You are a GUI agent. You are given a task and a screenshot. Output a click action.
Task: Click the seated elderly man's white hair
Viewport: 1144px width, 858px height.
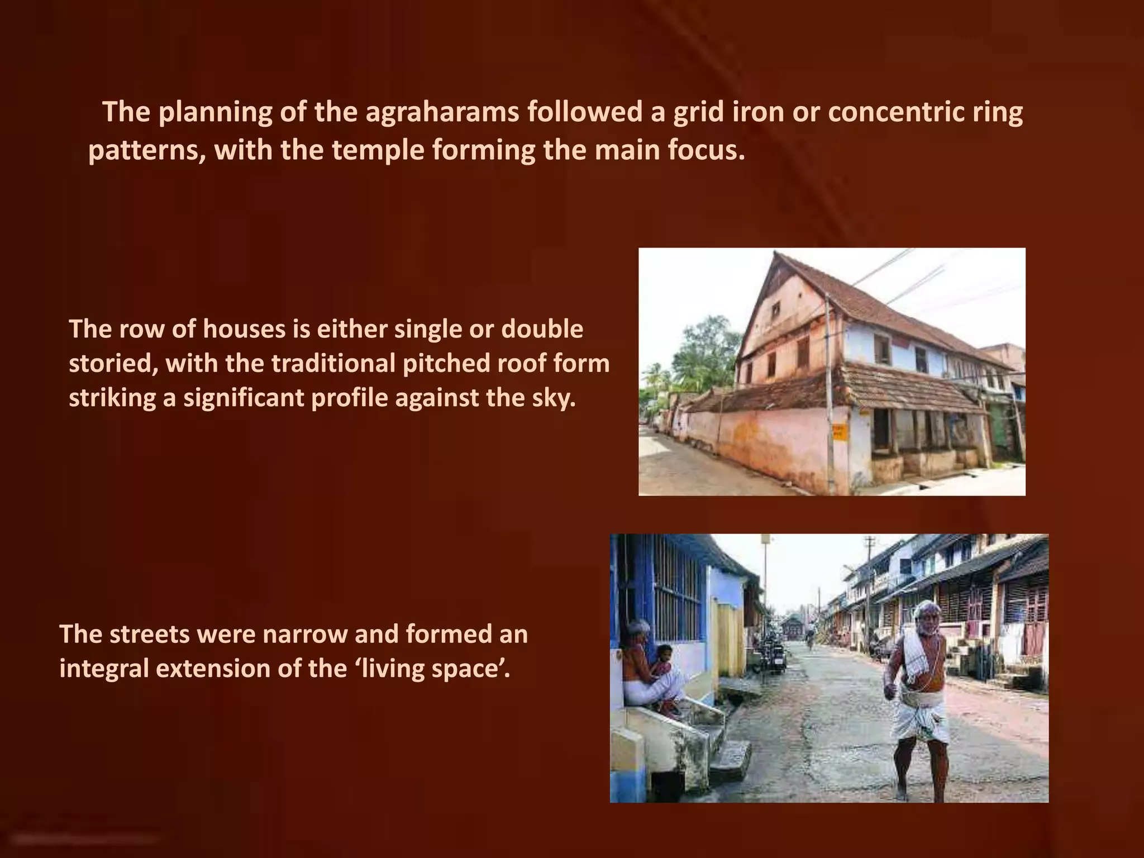click(638, 627)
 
